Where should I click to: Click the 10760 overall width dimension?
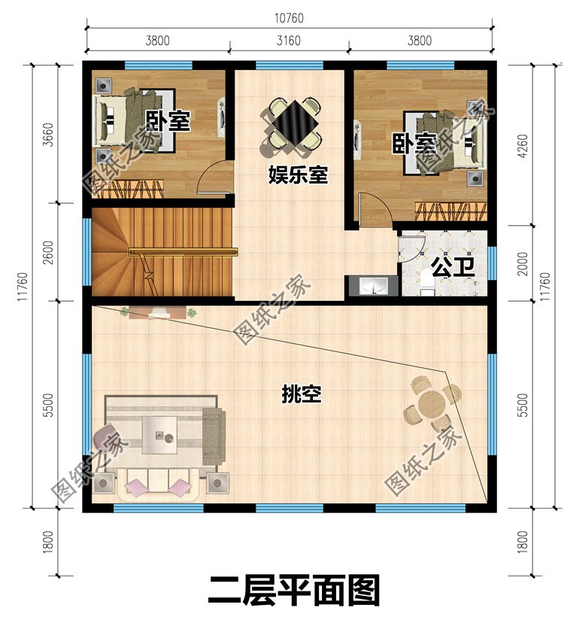coord(289,18)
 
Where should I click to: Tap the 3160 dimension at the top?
coord(288,41)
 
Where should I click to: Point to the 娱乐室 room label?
coord(298,175)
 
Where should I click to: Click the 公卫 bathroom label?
coord(453,268)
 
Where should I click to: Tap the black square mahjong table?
coord(295,123)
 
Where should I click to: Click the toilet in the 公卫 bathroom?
coord(426,283)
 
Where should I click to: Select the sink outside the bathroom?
coord(371,287)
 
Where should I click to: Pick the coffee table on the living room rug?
coord(160,435)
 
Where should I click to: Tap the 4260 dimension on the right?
coord(523,146)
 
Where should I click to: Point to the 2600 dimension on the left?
coord(47,252)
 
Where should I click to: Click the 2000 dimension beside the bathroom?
coord(523,264)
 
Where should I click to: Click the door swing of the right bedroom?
coord(374,210)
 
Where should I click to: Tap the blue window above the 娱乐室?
coord(290,65)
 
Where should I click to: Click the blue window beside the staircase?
coord(87,252)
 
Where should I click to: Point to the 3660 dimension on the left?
coord(47,135)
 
